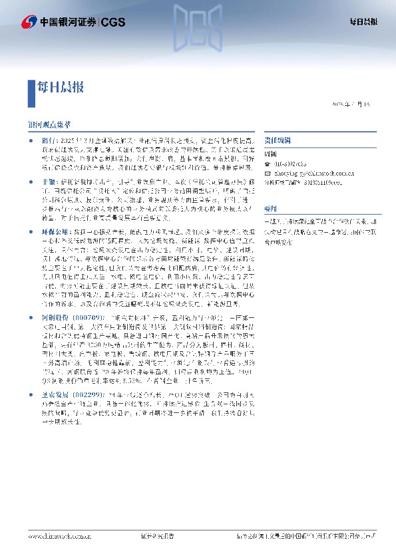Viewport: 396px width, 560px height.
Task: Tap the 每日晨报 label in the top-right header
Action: (363, 23)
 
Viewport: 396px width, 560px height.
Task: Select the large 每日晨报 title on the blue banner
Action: (60, 86)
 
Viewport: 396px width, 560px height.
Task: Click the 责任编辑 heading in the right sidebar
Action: (276, 141)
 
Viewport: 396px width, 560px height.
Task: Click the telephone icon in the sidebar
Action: (268, 164)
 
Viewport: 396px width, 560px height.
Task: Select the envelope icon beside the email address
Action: (268, 171)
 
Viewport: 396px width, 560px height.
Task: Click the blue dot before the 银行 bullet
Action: (31, 141)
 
